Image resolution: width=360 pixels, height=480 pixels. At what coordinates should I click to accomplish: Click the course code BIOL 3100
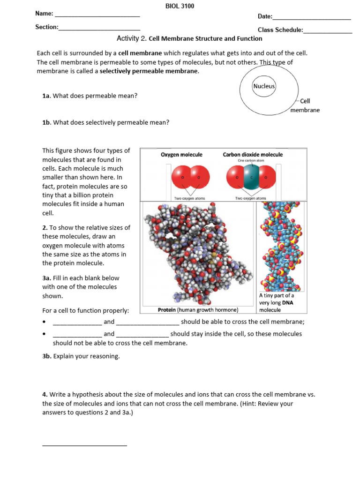[180, 6]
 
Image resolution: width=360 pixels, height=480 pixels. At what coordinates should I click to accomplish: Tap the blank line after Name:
[97, 16]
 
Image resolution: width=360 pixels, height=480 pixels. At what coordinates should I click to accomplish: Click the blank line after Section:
[99, 30]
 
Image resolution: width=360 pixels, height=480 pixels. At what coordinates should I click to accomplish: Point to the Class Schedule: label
[280, 30]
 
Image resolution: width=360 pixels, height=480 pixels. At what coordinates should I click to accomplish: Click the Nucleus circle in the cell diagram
[264, 86]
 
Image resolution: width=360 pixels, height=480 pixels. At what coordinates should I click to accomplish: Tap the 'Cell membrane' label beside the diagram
[305, 105]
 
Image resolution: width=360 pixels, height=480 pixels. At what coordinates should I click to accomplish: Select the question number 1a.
[46, 96]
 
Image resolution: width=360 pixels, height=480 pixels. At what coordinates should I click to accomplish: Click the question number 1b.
[46, 122]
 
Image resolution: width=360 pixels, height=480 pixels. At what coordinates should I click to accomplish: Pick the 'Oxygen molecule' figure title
[181, 154]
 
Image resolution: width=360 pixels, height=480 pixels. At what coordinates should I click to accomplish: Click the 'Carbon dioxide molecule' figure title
[253, 154]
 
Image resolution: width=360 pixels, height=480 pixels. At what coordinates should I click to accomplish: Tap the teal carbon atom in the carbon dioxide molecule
[251, 178]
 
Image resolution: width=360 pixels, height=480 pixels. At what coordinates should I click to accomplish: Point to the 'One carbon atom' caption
[251, 160]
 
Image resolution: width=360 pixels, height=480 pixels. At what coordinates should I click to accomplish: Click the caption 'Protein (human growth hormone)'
[198, 310]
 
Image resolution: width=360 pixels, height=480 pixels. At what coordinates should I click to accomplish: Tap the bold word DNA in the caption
[287, 303]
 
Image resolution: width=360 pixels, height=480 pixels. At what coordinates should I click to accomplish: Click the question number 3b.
[46, 356]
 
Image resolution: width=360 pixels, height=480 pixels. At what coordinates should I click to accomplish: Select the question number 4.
[45, 395]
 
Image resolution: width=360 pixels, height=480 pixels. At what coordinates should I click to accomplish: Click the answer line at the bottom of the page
[84, 445]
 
